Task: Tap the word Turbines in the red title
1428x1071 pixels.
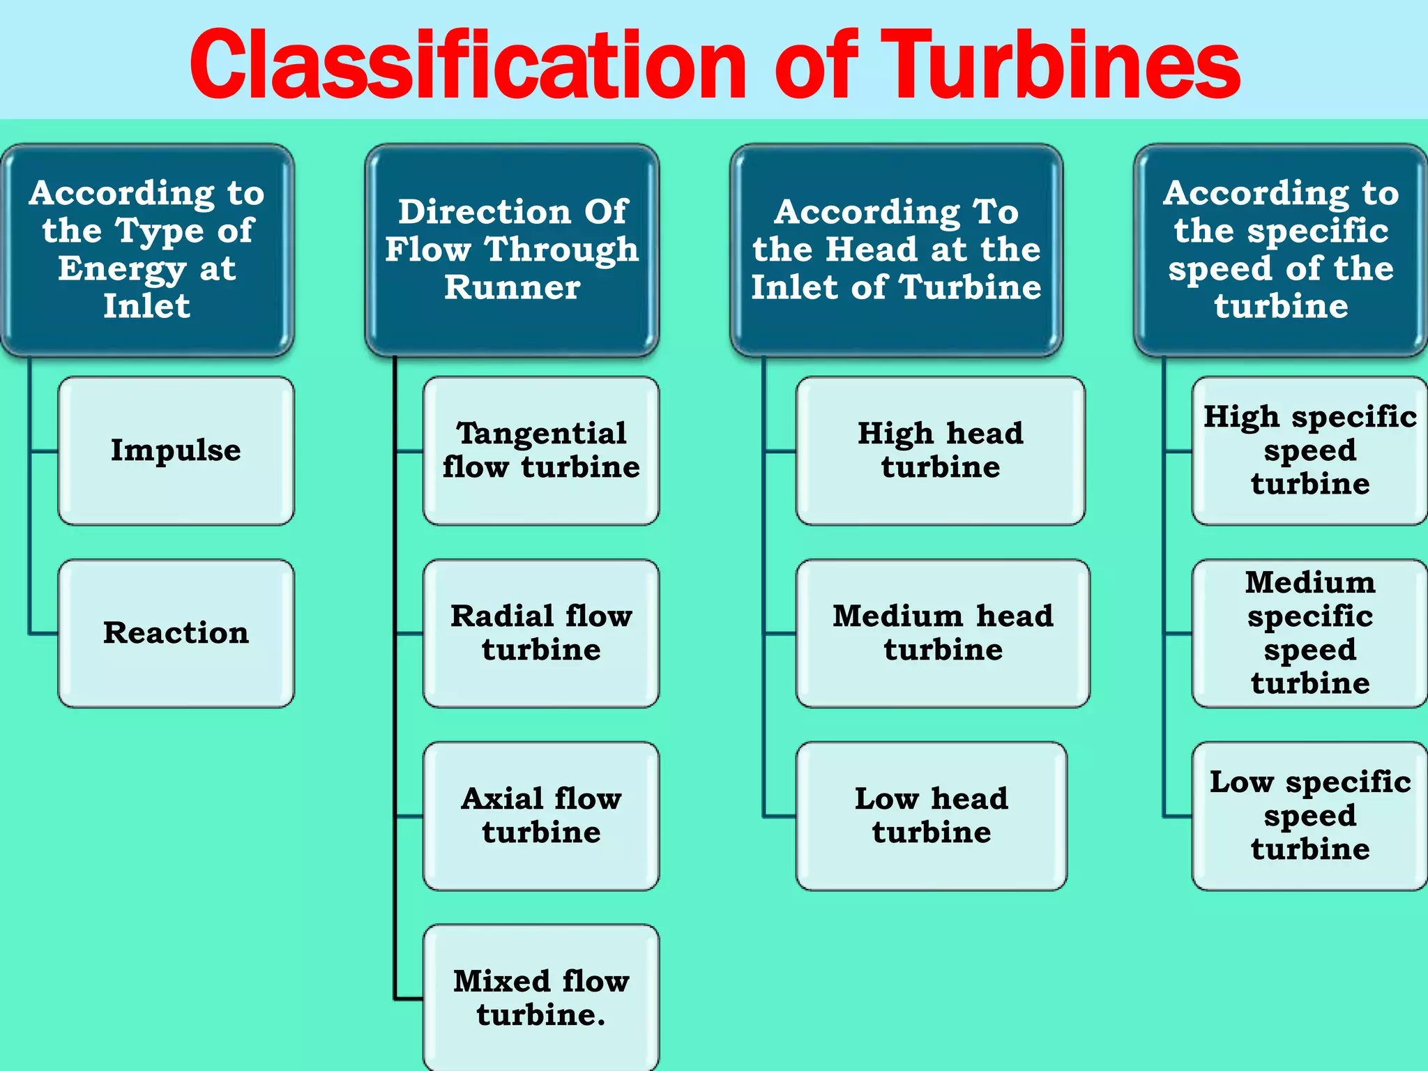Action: [x=1060, y=66]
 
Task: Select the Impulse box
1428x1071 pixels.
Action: [x=176, y=450]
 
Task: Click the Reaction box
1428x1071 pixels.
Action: [x=176, y=633]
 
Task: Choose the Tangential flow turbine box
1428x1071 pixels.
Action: [x=541, y=450]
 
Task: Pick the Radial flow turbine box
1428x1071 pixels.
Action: [x=541, y=633]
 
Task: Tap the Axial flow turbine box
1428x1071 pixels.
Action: [x=541, y=816]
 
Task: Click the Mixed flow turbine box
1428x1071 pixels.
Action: [x=541, y=997]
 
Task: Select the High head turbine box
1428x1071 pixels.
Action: [x=940, y=450]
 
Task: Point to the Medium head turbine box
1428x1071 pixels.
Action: [x=943, y=633]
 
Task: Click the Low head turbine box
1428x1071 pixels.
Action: [x=932, y=816]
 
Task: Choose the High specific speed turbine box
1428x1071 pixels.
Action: [x=1309, y=450]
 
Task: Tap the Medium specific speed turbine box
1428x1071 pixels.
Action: [x=1309, y=633]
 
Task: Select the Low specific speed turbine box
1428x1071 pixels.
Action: [x=1309, y=816]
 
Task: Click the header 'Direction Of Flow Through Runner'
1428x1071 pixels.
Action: [x=512, y=250]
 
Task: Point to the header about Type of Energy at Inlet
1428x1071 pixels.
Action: [x=147, y=250]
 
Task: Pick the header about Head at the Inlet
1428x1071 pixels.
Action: [x=896, y=250]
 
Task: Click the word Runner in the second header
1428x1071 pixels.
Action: [x=512, y=287]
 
